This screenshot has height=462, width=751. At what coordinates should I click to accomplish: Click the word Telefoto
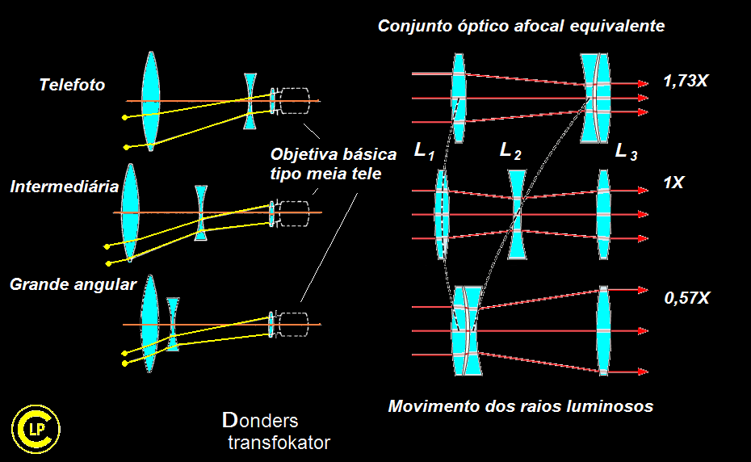point(72,85)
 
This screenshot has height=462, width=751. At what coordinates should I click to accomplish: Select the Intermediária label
point(64,187)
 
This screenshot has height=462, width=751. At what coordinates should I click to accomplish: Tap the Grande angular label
point(73,284)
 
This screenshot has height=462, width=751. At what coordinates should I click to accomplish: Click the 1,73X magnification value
point(686,81)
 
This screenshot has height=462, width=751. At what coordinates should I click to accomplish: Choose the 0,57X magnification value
point(687,298)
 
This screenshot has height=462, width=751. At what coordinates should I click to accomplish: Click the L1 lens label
point(424,152)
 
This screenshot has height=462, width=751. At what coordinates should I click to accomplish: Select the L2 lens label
point(510,152)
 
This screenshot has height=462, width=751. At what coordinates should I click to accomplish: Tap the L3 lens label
point(626,152)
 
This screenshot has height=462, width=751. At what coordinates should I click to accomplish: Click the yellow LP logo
point(36,430)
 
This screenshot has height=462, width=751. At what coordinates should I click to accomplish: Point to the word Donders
point(260,420)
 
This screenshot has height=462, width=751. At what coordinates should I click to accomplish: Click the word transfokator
point(279,443)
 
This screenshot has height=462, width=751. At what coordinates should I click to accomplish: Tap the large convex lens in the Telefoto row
point(150,101)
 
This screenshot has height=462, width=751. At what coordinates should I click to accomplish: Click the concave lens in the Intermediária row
point(201,212)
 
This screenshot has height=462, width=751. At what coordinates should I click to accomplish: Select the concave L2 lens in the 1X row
point(517,214)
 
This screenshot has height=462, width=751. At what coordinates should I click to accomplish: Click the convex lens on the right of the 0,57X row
point(603,330)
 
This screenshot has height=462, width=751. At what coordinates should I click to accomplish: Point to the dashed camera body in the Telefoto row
point(295,101)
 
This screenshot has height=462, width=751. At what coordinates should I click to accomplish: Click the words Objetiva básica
point(334,155)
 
